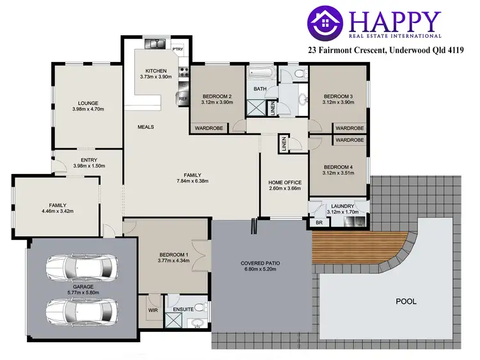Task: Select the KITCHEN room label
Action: pyautogui.click(x=156, y=70)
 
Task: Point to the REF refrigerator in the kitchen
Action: pyautogui.click(x=182, y=98)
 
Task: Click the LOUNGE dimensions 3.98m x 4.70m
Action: pyautogui.click(x=87, y=109)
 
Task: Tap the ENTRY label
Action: pyautogui.click(x=88, y=160)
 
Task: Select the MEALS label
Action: pyautogui.click(x=146, y=127)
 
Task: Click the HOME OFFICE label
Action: pyautogui.click(x=284, y=183)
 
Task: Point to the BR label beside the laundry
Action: pyautogui.click(x=319, y=223)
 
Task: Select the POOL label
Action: pyautogui.click(x=405, y=301)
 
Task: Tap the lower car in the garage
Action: pyautogui.click(x=81, y=311)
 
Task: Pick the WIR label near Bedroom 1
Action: pyautogui.click(x=153, y=311)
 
